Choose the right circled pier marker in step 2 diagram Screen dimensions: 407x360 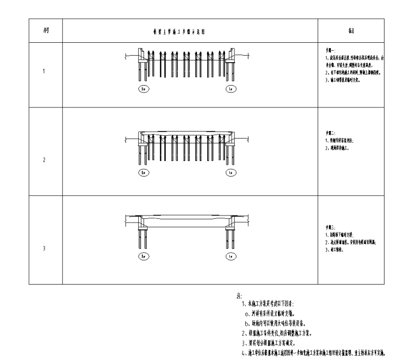(230, 173)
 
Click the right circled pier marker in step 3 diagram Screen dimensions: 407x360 (230, 257)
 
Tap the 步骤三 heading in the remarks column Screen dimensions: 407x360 (325, 227)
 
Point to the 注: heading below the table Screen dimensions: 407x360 (239, 296)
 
